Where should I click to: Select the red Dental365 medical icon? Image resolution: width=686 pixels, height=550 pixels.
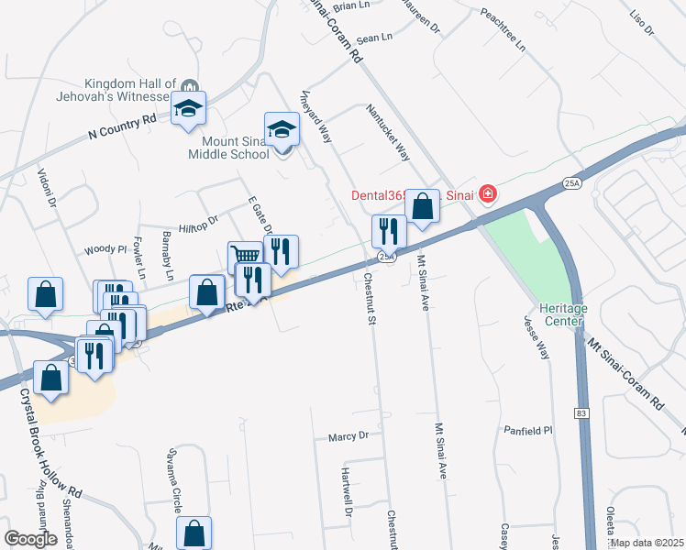click(x=487, y=193)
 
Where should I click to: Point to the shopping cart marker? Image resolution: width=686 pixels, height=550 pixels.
click(x=245, y=256)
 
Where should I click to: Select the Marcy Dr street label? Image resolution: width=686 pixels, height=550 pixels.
click(x=348, y=437)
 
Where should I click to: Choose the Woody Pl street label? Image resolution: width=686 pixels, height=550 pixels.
click(x=105, y=248)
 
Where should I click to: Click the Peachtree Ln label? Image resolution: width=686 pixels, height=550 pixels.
click(x=503, y=29)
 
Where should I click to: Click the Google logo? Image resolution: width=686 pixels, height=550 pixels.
click(x=31, y=538)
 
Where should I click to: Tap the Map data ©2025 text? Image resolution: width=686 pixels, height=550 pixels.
click(x=645, y=543)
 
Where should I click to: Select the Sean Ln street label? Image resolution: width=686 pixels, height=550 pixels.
click(x=373, y=38)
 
